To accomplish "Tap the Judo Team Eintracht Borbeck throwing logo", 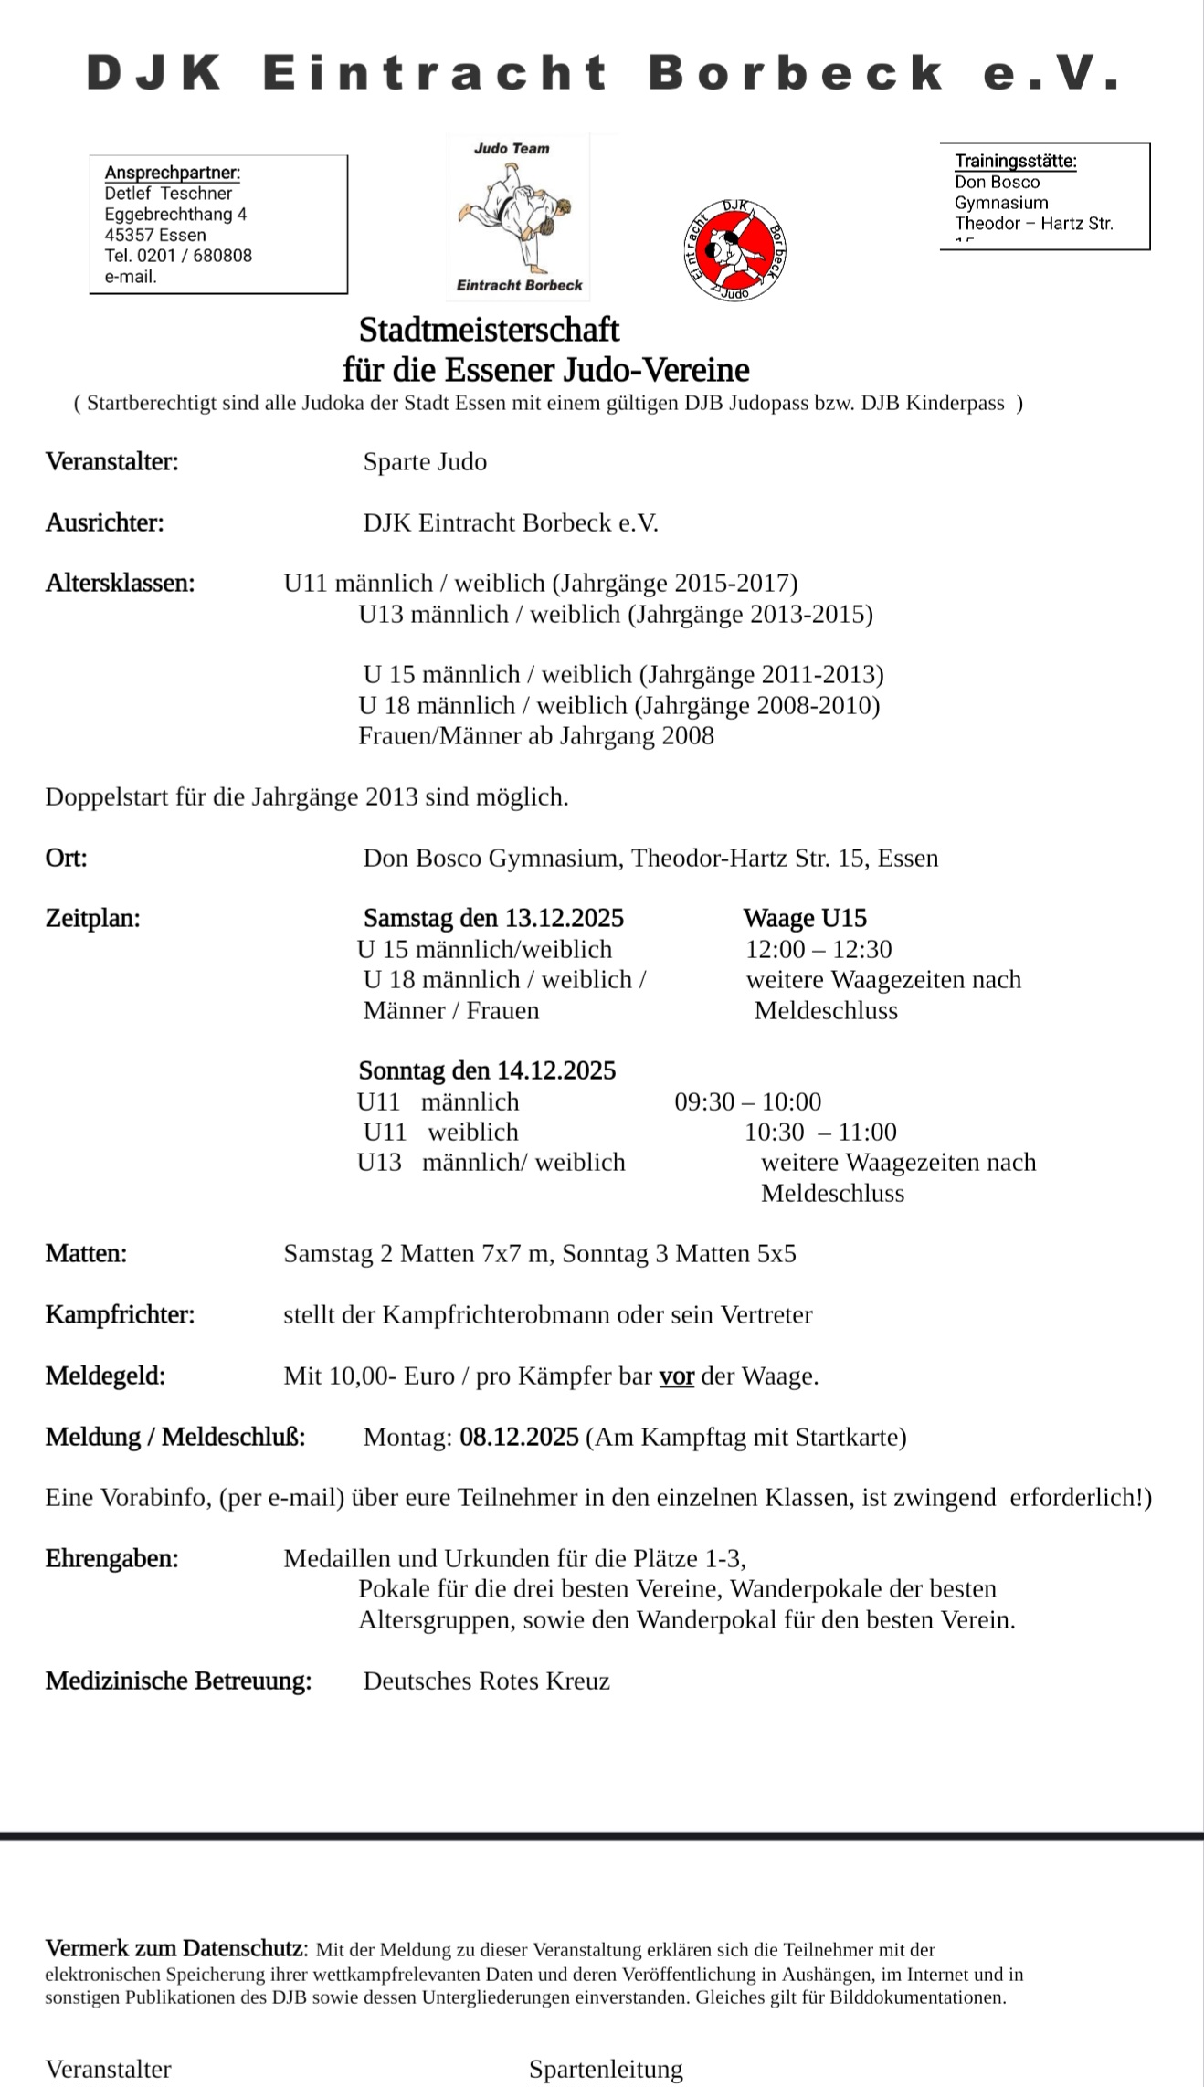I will [x=518, y=216].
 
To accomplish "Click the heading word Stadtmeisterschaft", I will [x=489, y=329].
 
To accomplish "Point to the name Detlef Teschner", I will [x=168, y=193].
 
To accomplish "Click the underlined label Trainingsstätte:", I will [x=1016, y=162].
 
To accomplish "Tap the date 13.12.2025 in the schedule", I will [x=565, y=918].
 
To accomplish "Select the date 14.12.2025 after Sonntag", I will [x=556, y=1070].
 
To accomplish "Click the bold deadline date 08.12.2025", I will [x=519, y=1437].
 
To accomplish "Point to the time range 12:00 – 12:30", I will [x=819, y=949].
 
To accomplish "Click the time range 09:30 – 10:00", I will [x=748, y=1101].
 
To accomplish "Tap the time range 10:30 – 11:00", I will [x=820, y=1132].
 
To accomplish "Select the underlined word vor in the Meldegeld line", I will [x=677, y=1376].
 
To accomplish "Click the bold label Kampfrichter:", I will [x=121, y=1314].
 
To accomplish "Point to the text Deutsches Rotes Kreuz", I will [x=486, y=1681].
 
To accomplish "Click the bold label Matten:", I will [x=86, y=1253].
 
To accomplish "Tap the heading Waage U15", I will [x=805, y=918].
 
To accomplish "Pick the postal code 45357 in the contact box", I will [x=129, y=235].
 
